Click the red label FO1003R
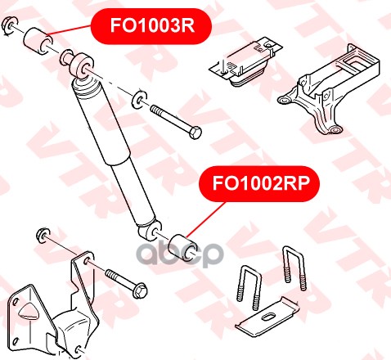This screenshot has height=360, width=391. point(151,26)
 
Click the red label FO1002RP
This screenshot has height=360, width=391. point(260,183)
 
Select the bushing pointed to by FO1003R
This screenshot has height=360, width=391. point(38,42)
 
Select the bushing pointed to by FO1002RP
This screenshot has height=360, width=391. point(182,247)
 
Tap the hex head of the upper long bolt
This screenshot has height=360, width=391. point(195,133)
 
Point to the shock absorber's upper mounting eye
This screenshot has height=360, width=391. point(82,65)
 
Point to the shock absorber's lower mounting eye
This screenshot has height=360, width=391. point(150,232)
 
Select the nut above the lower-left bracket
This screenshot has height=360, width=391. point(43,235)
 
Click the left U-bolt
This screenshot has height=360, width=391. point(249,287)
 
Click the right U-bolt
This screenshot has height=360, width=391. point(294,268)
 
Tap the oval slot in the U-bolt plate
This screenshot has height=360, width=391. point(268,317)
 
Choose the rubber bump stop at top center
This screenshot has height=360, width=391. point(245,63)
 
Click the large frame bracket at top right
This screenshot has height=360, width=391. point(329,90)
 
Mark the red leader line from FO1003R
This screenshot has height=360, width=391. point(70,29)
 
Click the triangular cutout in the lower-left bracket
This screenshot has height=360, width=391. point(29,311)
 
